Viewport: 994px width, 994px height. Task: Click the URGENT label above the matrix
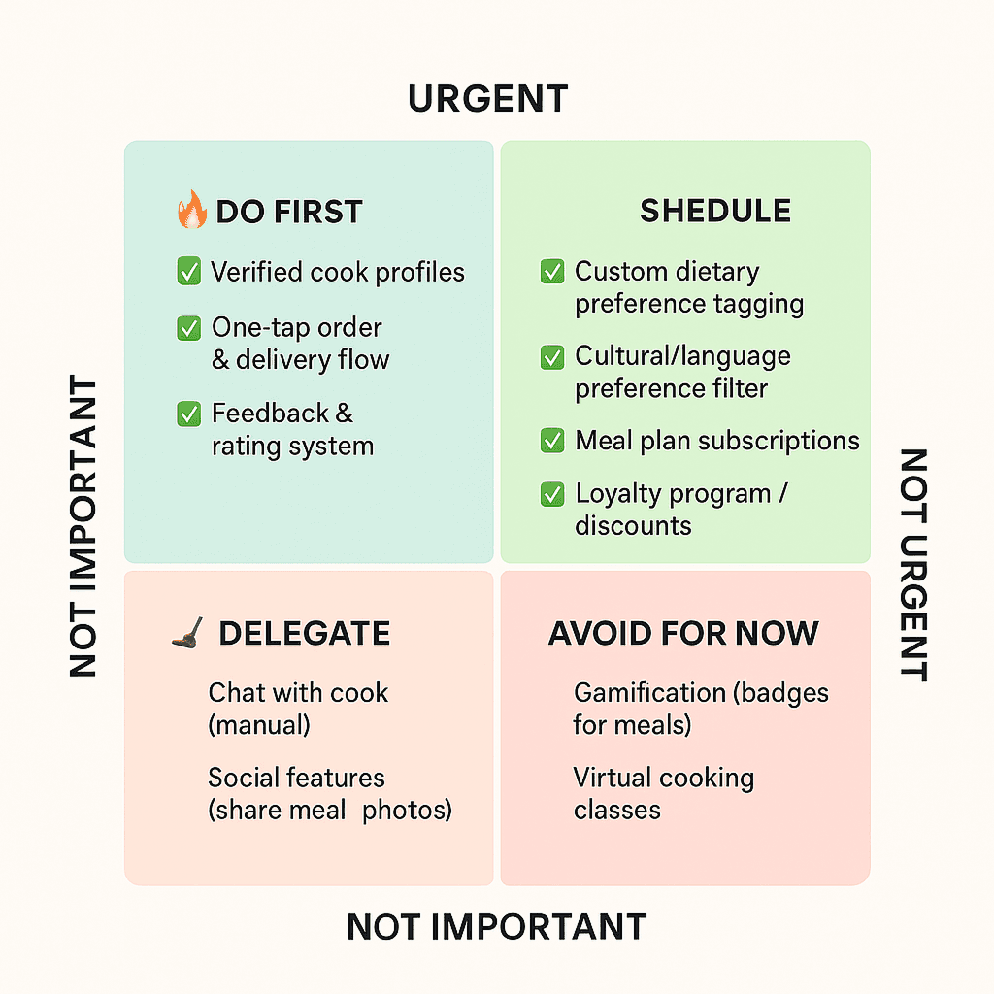487,99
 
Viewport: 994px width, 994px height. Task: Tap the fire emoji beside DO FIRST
191,210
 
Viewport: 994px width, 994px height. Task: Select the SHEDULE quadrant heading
715,211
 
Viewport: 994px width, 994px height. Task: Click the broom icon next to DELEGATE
187,633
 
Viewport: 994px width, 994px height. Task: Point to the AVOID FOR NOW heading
683,634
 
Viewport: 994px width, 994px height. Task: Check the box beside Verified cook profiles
188,272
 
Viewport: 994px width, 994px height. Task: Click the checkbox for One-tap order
188,328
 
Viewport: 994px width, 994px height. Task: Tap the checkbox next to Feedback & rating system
188,414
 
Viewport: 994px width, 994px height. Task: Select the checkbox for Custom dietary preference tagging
551,272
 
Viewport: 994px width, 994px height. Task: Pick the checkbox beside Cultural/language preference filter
551,356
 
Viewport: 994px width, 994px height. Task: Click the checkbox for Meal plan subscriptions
551,441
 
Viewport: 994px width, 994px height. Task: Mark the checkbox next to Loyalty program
551,493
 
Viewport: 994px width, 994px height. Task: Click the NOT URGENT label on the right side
912,565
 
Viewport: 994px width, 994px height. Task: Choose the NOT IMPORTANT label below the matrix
496,927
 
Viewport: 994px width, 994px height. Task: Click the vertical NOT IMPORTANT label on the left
83,526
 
